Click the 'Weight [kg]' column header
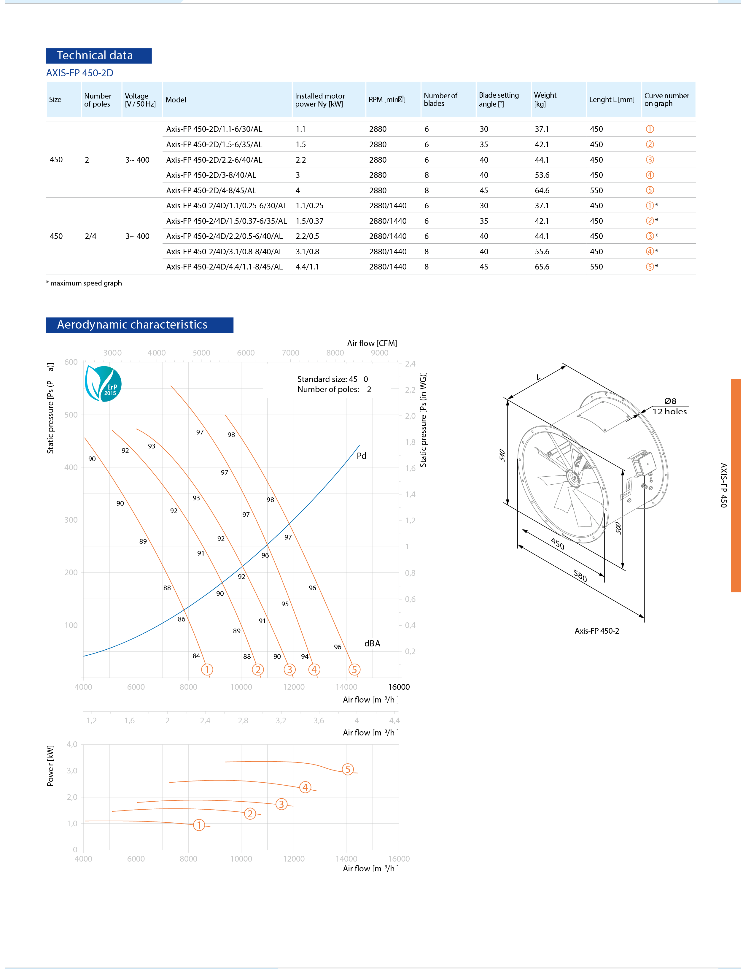[x=545, y=99]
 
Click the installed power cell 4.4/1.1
[x=307, y=267]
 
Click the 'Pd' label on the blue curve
[x=361, y=456]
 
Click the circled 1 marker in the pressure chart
[x=207, y=670]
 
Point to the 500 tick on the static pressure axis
[x=71, y=415]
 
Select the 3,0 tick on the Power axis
[x=72, y=771]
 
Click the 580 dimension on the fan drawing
[x=580, y=576]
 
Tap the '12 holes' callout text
[x=669, y=412]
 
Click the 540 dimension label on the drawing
[x=502, y=455]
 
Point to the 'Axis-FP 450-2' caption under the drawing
[x=596, y=631]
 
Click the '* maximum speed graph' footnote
[x=84, y=283]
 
